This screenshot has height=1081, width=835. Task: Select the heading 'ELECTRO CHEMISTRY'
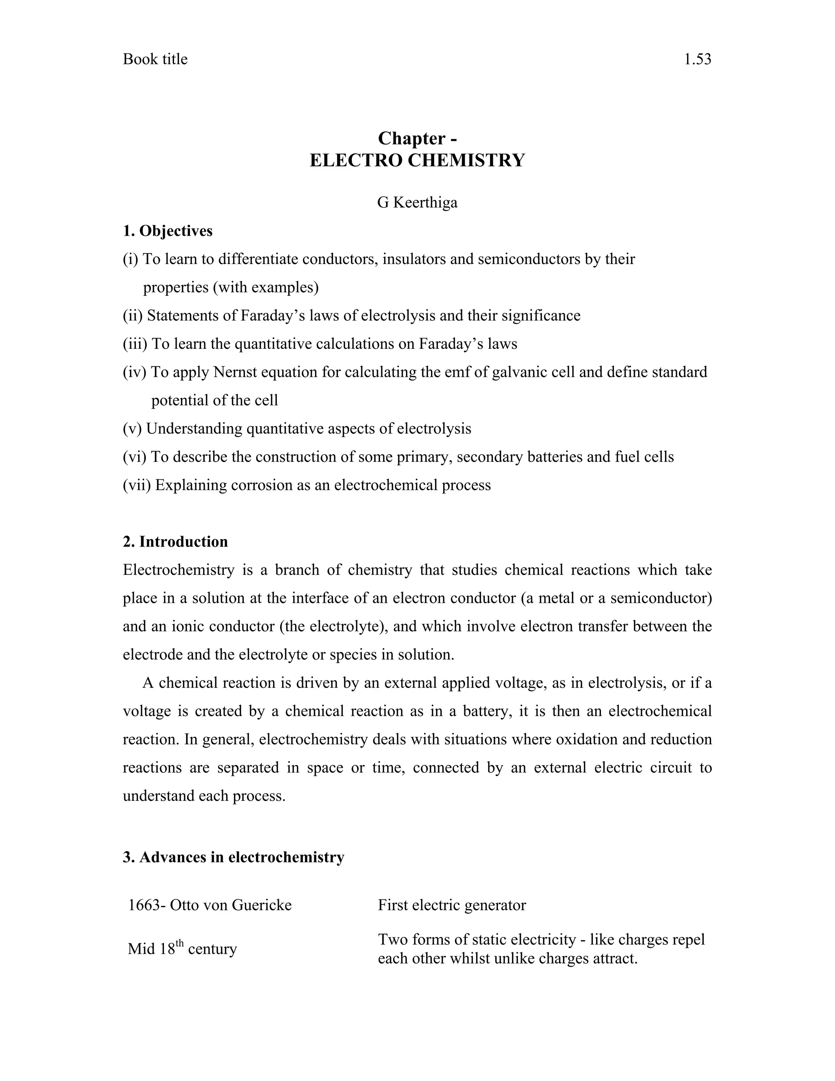[417, 160]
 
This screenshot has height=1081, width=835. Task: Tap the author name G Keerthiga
[417, 202]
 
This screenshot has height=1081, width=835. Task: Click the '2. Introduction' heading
[175, 541]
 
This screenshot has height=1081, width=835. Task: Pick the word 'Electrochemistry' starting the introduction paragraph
[178, 570]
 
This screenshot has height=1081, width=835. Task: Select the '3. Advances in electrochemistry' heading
[234, 857]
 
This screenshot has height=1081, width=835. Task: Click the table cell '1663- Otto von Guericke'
[210, 905]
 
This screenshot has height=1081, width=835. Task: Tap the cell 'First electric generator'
[452, 905]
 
